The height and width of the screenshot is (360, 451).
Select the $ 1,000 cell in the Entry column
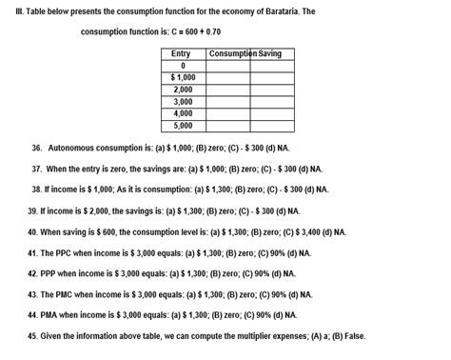pyautogui.click(x=183, y=77)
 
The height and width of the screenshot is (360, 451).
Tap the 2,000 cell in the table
pyautogui.click(x=183, y=89)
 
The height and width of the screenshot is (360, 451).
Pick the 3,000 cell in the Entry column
pyautogui.click(x=183, y=101)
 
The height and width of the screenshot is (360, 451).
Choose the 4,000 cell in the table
pyautogui.click(x=183, y=113)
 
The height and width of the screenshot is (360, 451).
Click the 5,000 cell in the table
pyautogui.click(x=183, y=125)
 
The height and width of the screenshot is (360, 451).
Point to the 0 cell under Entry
pyautogui.click(x=182, y=66)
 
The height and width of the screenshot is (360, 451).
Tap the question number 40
pyautogui.click(x=32, y=231)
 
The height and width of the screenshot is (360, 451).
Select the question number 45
pyautogui.click(x=32, y=335)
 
